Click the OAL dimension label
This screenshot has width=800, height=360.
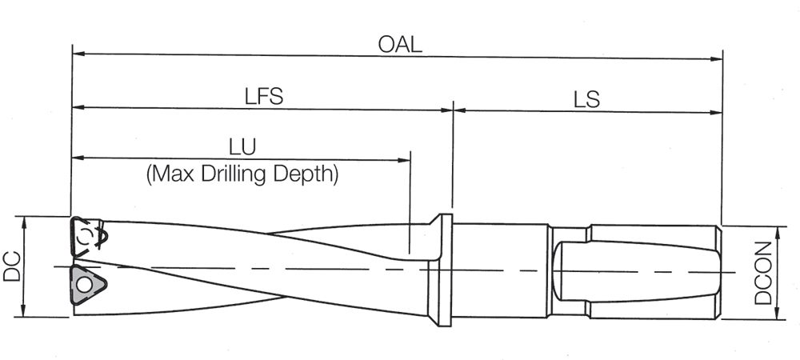coord(400,43)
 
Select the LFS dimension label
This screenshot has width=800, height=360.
coord(264,96)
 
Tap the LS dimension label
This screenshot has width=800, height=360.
coord(586,99)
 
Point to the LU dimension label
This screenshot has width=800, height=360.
coord(242,146)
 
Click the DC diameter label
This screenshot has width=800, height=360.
coord(12,266)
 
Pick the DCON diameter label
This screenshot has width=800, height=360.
coord(765,274)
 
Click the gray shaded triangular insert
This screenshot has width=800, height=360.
coord(84,283)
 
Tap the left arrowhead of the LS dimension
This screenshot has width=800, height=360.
coord(460,111)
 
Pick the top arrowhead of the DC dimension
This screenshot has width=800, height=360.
coord(25,222)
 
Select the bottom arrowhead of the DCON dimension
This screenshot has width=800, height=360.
coord(778,314)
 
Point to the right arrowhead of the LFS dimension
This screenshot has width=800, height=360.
coord(447,110)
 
